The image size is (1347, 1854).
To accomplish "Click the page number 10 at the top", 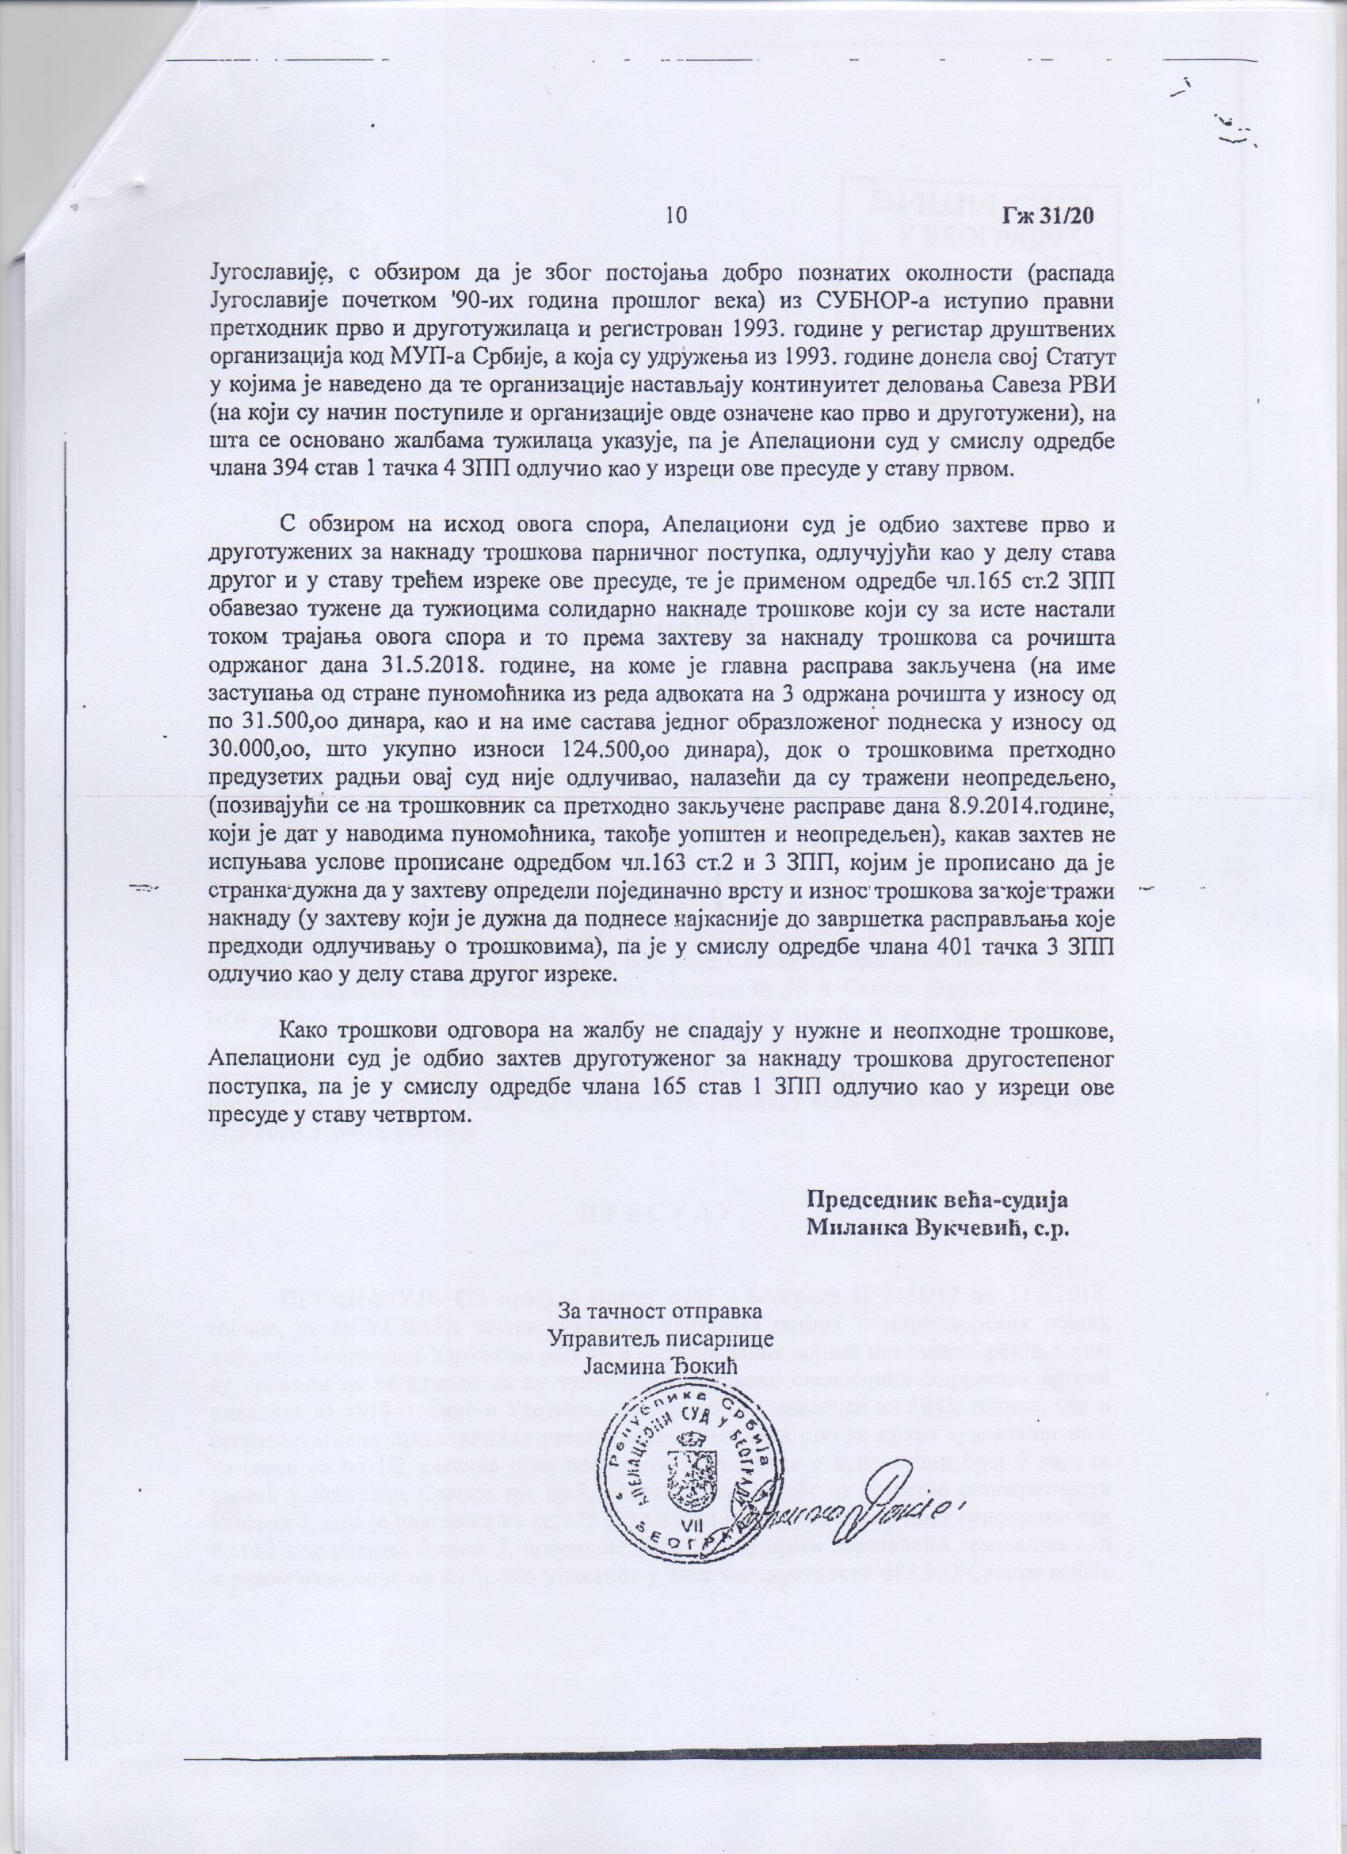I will click(x=675, y=215).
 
